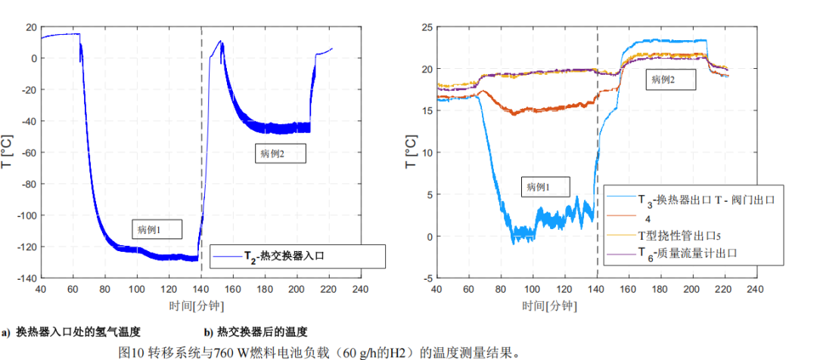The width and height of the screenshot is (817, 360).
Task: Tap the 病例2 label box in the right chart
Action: (x=670, y=79)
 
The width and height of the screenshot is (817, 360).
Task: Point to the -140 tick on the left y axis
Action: (x=25, y=278)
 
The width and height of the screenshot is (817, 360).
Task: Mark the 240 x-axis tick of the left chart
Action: (x=360, y=290)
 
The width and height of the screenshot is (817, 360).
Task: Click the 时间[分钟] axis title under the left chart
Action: (x=197, y=306)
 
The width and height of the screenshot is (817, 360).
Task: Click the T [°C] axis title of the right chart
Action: (x=410, y=152)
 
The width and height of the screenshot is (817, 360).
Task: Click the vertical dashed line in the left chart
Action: (x=202, y=151)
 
